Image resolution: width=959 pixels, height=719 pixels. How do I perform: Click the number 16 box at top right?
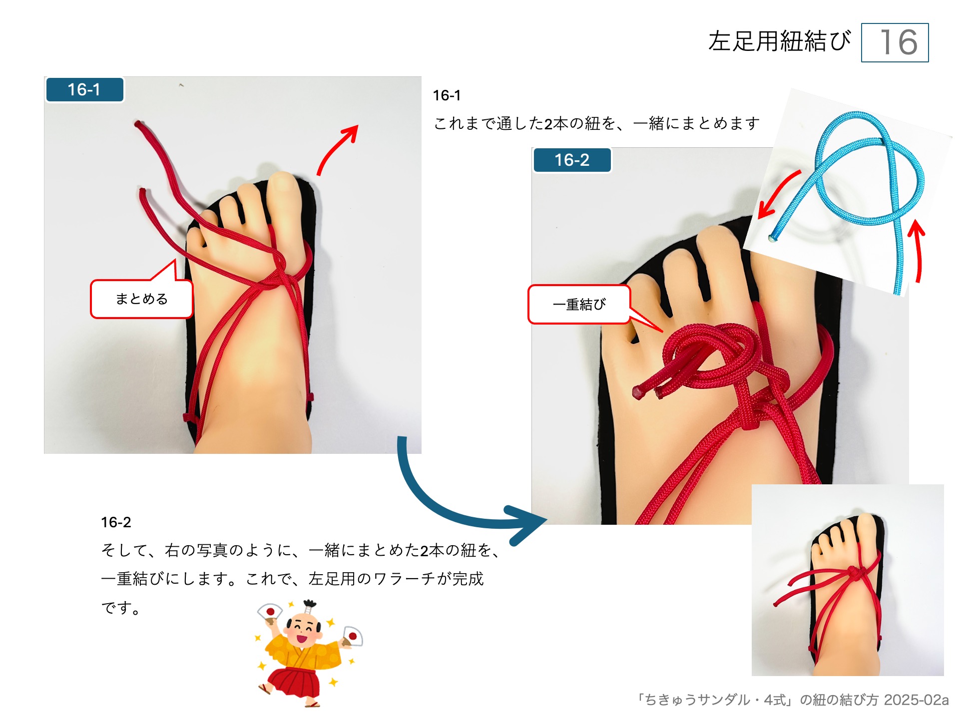point(895,42)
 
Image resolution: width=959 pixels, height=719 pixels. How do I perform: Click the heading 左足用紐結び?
point(779,41)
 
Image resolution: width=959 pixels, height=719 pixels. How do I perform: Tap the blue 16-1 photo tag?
point(84,90)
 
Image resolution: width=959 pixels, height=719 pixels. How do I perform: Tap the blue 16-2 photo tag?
point(572,160)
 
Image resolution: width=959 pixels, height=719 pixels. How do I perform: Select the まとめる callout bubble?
point(141,299)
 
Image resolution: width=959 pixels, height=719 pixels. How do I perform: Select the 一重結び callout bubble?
point(579,305)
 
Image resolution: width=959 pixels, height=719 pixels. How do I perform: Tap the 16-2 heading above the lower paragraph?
point(116,522)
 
